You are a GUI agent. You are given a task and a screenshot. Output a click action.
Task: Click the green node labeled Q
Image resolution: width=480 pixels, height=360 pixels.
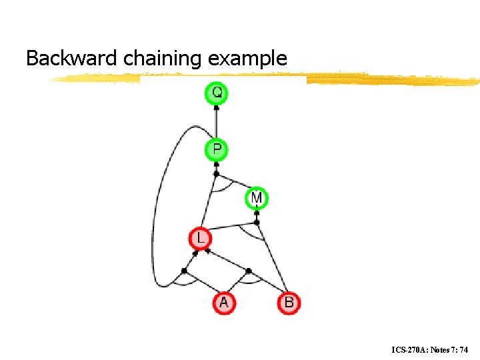(x=216, y=93)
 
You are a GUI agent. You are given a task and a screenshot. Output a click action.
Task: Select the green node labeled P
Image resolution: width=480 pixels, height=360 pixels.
(x=216, y=149)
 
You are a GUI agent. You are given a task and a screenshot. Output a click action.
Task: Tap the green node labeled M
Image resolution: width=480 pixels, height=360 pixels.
(x=257, y=198)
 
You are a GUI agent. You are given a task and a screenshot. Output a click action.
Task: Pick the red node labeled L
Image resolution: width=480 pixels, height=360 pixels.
(x=200, y=238)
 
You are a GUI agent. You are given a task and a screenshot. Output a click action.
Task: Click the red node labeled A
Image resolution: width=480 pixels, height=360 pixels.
(x=224, y=303)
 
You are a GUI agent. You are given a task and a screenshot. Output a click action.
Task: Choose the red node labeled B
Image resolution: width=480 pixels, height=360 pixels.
(x=289, y=303)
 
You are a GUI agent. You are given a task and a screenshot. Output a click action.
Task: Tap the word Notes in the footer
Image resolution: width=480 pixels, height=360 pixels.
(x=442, y=349)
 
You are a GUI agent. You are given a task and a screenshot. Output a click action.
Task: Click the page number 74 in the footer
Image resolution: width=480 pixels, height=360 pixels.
(x=465, y=349)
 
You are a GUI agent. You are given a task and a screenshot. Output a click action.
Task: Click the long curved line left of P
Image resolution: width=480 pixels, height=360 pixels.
(x=159, y=200)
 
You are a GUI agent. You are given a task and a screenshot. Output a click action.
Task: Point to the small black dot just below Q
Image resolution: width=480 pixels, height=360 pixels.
(x=216, y=108)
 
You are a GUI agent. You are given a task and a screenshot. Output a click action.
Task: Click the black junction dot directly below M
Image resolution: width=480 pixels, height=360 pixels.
(x=257, y=223)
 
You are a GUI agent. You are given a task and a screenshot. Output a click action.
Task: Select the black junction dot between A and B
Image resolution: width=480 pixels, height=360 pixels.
(x=248, y=271)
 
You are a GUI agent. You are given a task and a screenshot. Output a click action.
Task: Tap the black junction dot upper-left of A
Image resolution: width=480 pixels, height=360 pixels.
(x=184, y=271)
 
